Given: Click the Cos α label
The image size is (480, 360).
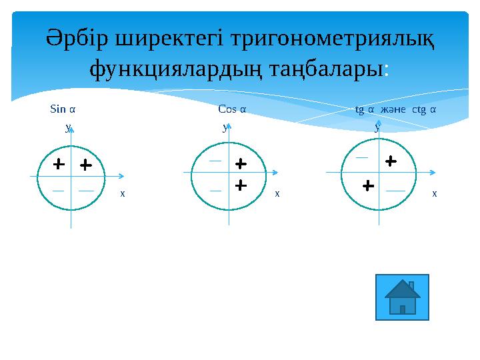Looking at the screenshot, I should tap(232, 108).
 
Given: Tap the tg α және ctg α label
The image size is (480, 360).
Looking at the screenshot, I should tap(396, 108).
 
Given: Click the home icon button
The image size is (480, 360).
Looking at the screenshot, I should tap(402, 297).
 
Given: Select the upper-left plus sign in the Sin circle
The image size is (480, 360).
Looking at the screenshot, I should tap(59, 163).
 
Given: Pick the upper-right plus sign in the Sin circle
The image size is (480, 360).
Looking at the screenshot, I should tap(85, 164).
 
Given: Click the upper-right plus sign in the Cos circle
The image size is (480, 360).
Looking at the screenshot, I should tap(241, 163).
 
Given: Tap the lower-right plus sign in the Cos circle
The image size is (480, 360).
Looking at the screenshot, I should tap(241, 184).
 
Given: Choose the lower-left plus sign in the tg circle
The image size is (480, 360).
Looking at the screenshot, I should tap(367, 185).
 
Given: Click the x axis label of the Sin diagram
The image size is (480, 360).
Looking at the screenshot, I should tap(122, 194).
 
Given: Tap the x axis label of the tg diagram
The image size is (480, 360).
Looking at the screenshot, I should tap(434, 194).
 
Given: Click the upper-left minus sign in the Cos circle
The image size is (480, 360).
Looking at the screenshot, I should tap(215, 161).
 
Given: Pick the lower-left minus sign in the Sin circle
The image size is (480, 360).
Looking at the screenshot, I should tap(59, 190).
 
